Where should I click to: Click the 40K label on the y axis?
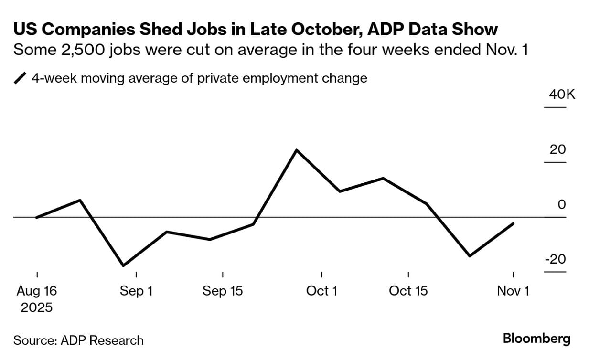[562, 94]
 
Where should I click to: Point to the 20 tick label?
[557, 149]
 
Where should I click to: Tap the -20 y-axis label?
[555, 259]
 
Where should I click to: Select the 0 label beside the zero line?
[562, 204]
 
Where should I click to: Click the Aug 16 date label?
[36, 290]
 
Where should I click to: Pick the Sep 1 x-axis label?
[136, 290]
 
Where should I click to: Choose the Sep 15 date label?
[223, 290]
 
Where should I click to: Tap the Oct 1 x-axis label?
[321, 290]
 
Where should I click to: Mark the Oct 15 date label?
[408, 290]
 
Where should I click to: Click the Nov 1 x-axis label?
[513, 290]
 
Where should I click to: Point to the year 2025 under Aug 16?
[36, 307]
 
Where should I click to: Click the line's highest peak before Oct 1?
[297, 150]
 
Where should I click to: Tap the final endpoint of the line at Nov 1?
[514, 223]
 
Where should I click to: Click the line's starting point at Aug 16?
[36, 218]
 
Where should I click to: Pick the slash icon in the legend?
[20, 78]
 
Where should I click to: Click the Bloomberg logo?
[536, 339]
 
